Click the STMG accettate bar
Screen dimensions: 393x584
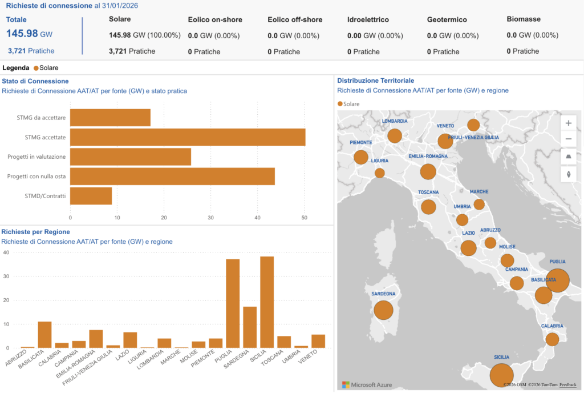[x=188, y=137]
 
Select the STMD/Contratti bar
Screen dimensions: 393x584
[x=91, y=196]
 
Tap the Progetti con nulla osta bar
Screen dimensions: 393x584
[x=172, y=177]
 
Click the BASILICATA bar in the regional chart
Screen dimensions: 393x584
[x=44, y=335]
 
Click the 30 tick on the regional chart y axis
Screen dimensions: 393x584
[x=6, y=276]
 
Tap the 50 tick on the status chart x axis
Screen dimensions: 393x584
[x=304, y=218]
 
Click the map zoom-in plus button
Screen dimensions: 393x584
[x=568, y=123]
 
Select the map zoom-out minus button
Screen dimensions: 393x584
[x=568, y=139]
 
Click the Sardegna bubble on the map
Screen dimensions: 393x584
[x=384, y=311]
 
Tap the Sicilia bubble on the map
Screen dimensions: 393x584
[x=501, y=375]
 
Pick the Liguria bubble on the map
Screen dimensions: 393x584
[x=380, y=173]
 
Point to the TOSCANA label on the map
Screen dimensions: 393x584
[x=428, y=193]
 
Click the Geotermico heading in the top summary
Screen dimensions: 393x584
[x=447, y=19]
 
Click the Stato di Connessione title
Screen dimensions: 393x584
[x=35, y=81]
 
